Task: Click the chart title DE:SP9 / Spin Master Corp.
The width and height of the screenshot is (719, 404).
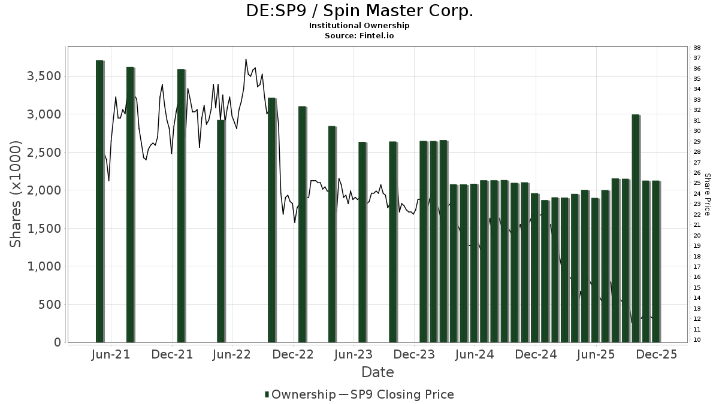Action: point(359,11)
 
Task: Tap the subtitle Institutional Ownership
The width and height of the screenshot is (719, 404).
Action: point(359,26)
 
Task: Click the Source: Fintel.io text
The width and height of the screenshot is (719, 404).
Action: point(359,35)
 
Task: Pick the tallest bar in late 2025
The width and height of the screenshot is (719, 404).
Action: point(636,228)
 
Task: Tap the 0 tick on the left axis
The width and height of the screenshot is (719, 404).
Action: point(57,342)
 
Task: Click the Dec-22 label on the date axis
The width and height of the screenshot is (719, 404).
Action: point(294,354)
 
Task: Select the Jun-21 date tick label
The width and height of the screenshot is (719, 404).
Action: point(111,354)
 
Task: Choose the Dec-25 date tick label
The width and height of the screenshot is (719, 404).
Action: point(657,354)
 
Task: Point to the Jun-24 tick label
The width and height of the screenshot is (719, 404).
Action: point(475,354)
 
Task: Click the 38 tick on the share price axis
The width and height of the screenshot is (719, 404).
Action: point(697,48)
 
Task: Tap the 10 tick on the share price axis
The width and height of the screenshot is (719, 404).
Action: point(697,340)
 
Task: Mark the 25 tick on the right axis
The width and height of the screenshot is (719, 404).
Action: point(697,183)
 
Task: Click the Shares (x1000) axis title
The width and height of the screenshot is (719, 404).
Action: point(16,194)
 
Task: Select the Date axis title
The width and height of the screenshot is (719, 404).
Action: point(377,372)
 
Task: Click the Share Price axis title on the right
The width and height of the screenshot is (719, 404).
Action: point(708,194)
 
